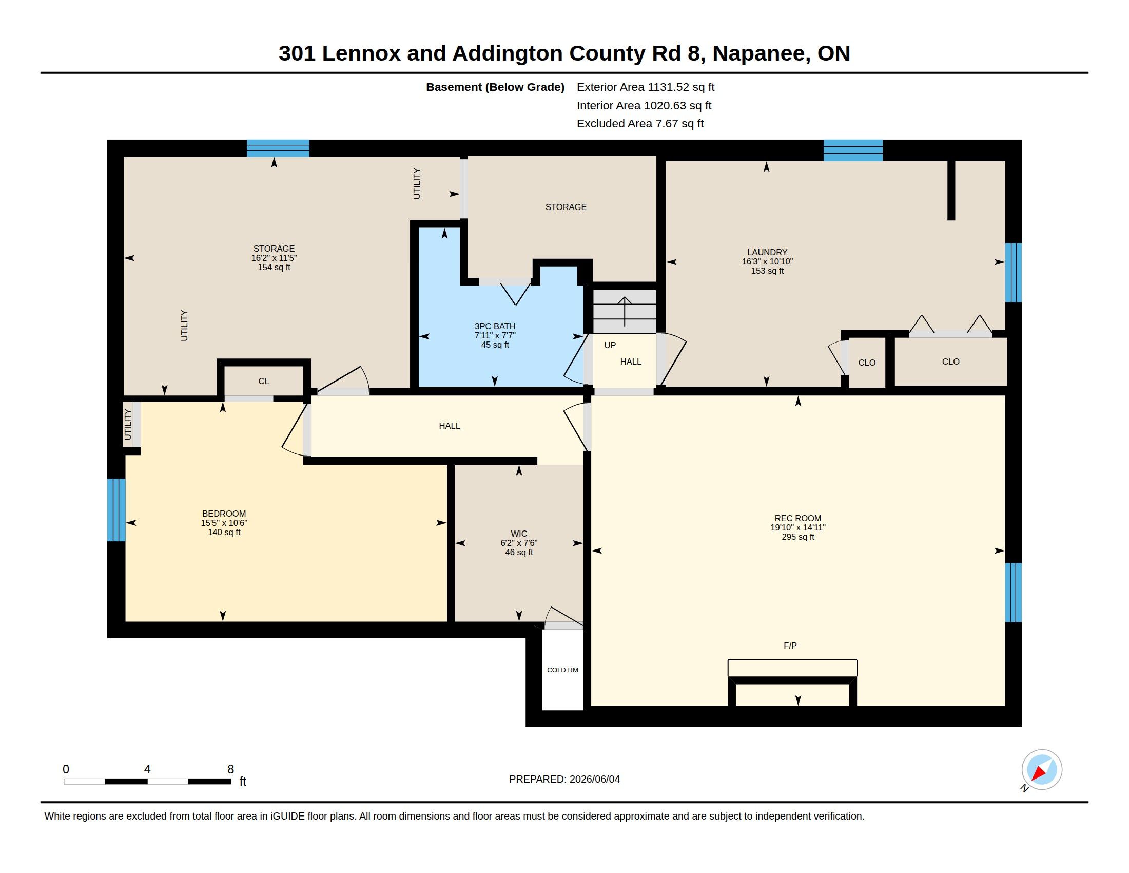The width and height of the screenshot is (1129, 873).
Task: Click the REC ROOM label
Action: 797,518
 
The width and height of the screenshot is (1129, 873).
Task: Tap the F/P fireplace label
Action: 790,646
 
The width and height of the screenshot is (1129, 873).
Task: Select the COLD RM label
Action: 562,670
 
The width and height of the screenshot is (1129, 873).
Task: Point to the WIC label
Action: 519,534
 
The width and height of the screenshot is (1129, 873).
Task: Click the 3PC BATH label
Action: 495,326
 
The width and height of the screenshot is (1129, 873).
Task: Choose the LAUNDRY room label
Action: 767,252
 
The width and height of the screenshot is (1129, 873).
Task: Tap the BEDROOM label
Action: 224,514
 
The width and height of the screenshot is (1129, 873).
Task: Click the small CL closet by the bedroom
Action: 264,381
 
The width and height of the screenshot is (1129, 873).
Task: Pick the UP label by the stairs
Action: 610,345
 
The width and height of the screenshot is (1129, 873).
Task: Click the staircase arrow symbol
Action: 625,311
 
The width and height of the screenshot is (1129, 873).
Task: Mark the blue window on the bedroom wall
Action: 116,510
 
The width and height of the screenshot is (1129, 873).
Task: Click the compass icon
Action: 1042,770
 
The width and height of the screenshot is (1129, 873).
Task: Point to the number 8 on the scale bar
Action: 230,769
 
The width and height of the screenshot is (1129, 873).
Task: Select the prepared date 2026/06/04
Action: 594,780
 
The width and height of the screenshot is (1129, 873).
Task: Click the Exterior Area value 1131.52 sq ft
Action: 681,87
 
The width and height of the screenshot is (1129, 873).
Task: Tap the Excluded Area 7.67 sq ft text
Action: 640,124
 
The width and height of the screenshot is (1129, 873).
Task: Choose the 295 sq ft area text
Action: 797,537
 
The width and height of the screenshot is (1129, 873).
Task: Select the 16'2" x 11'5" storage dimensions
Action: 274,258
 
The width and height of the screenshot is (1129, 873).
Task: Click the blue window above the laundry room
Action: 853,150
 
